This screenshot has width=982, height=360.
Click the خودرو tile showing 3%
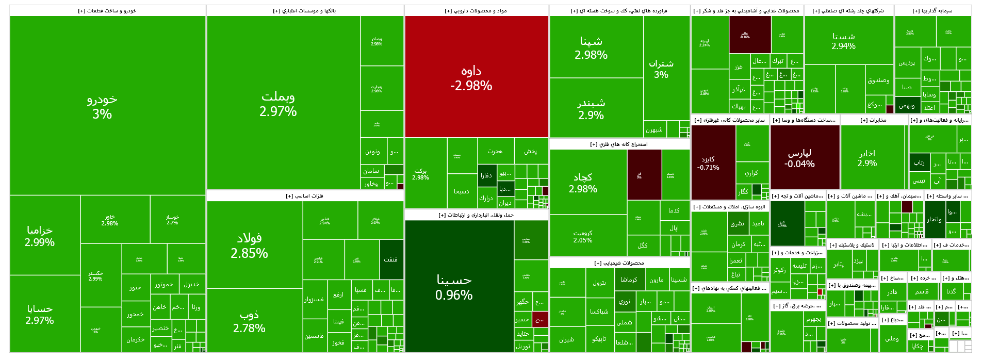pyautogui.click(x=102, y=106)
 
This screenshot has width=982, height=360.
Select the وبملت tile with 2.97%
pyautogui.click(x=278, y=103)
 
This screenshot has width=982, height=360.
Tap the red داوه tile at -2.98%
pyautogui.click(x=471, y=77)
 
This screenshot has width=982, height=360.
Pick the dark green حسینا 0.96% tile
pyautogui.click(x=454, y=287)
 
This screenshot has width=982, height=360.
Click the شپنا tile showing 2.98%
pyautogui.click(x=591, y=47)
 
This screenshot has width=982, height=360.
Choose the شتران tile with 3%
pyautogui.click(x=661, y=69)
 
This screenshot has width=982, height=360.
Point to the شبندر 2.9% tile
pyautogui.click(x=591, y=108)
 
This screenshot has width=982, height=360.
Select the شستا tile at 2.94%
pyautogui.click(x=844, y=41)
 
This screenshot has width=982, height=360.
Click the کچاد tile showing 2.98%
pyautogui.click(x=583, y=183)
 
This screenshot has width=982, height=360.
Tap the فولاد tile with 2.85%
pyautogui.click(x=250, y=245)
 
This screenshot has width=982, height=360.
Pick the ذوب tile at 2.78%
pyautogui.click(x=250, y=321)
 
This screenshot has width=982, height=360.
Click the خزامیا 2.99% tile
pyautogui.click(x=40, y=236)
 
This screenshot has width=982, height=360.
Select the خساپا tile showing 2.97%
pyautogui.click(x=40, y=314)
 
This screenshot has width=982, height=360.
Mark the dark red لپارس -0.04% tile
pyautogui.click(x=799, y=158)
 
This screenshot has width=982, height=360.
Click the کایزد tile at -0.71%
pyautogui.click(x=708, y=163)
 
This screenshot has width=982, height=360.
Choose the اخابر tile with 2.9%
pyautogui.click(x=868, y=158)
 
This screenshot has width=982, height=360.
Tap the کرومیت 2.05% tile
pyautogui.click(x=583, y=236)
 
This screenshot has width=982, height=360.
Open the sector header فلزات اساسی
pyautogui.click(x=304, y=196)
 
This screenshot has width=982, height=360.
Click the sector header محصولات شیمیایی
pyautogui.click(x=619, y=263)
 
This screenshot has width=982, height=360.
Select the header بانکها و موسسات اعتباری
pyautogui.click(x=304, y=11)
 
